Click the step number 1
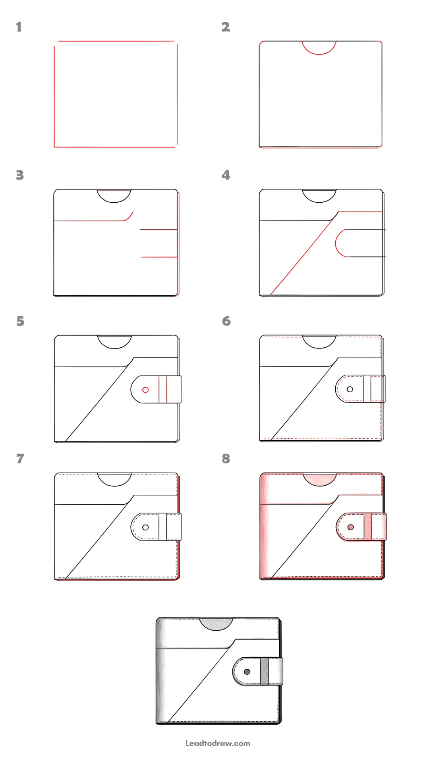[19, 27]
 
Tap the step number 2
[226, 27]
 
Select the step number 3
[20, 175]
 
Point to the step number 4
[226, 175]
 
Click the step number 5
[20, 321]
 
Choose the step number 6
[226, 321]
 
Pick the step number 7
[20, 459]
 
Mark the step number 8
[226, 459]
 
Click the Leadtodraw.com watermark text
[218, 743]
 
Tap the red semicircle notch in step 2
[319, 53]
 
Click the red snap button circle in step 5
[145, 390]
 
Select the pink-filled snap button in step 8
[350, 527]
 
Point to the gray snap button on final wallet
[247, 672]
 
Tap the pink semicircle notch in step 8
[320, 480]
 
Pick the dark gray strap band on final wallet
[265, 671]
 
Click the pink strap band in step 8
[368, 527]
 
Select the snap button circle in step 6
[350, 389]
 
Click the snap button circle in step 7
[145, 527]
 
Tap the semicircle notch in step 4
[319, 201]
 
